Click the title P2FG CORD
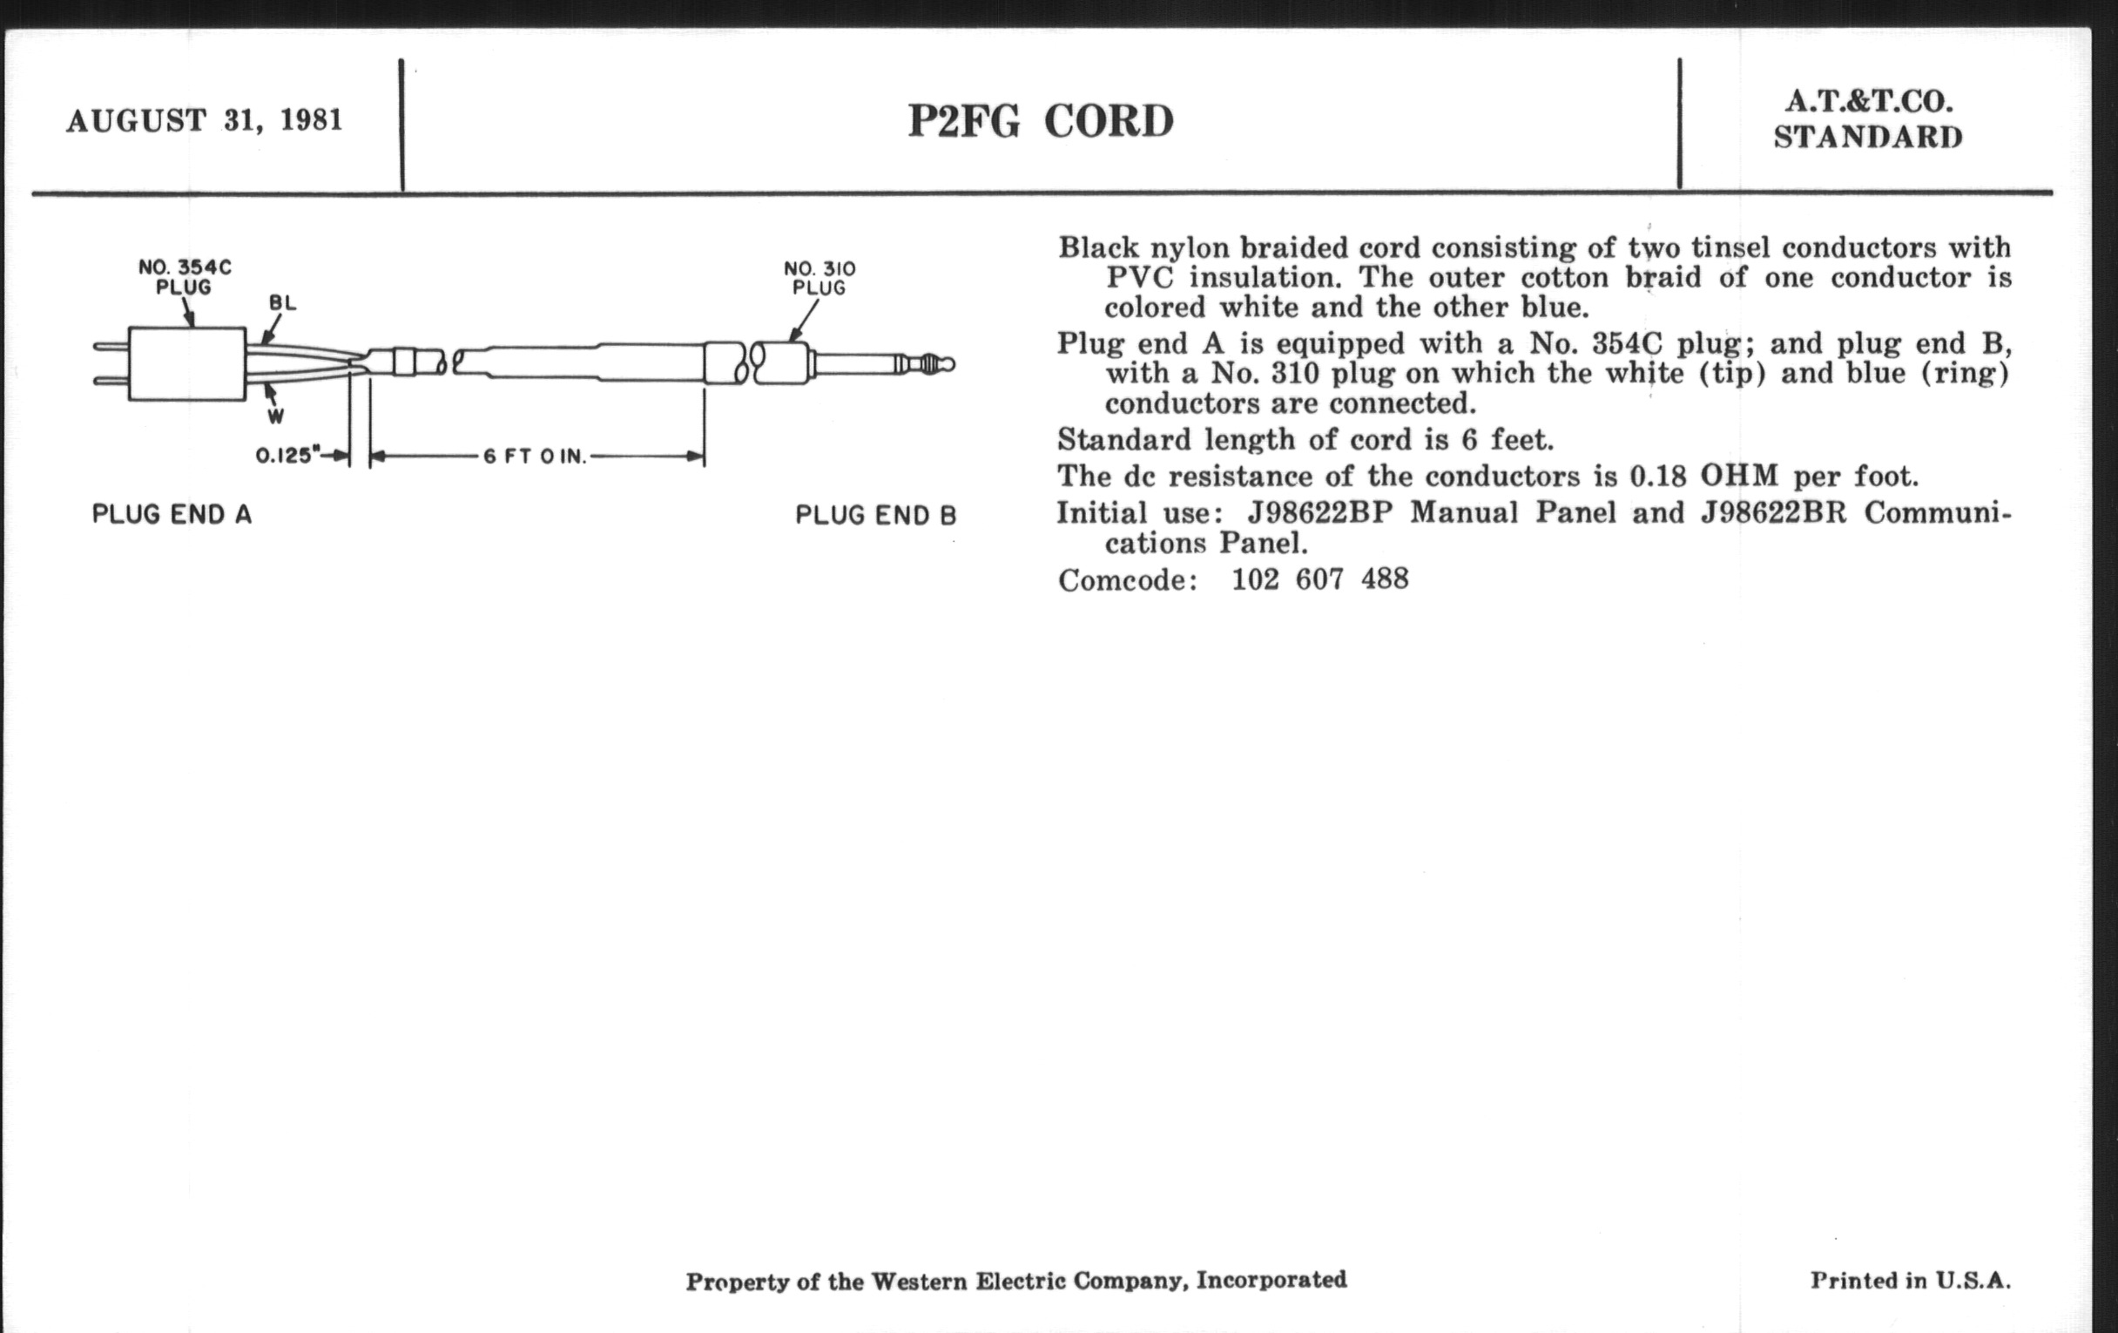pyautogui.click(x=1041, y=121)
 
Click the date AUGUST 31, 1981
pyautogui.click(x=204, y=119)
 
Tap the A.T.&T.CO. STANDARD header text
pyautogui.click(x=1867, y=119)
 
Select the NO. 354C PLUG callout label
pyautogui.click(x=185, y=276)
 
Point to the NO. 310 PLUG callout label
pyautogui.click(x=819, y=278)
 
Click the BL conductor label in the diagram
pyautogui.click(x=282, y=303)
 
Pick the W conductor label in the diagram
pyautogui.click(x=276, y=416)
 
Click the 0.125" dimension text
pyautogui.click(x=287, y=456)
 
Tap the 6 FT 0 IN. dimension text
pyautogui.click(x=534, y=457)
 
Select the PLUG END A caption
pyautogui.click(x=172, y=515)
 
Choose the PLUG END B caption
pyautogui.click(x=875, y=516)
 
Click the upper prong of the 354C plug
pyautogui.click(x=111, y=347)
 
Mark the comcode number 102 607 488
pyautogui.click(x=1319, y=580)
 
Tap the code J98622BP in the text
pyautogui.click(x=1319, y=513)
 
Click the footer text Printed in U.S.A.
pyautogui.click(x=1910, y=1280)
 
